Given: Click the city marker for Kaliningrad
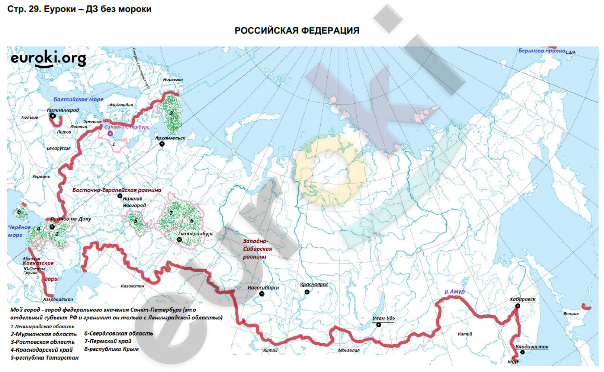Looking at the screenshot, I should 53,116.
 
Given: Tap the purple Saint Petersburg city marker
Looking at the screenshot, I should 110,133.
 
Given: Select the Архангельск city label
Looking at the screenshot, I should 170,138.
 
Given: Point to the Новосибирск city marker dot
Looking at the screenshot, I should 262,294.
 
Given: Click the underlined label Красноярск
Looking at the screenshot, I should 314,285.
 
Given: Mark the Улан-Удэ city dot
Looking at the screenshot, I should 378,325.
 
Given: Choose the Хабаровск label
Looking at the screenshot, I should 523,299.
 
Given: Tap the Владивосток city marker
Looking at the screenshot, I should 522,352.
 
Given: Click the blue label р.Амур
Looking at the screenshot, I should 454,292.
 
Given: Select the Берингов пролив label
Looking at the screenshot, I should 542,51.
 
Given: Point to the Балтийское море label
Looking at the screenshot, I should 78,99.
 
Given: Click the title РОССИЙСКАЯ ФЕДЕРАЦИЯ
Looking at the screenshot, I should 297,31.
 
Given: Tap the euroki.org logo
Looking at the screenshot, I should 48,59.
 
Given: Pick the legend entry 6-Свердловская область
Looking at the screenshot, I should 118,334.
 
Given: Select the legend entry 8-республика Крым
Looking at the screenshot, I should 111,349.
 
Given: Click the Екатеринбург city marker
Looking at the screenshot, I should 179,240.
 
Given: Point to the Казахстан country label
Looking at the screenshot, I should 132,286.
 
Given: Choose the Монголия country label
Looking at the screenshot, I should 348,350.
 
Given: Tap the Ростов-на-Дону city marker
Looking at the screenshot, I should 52,227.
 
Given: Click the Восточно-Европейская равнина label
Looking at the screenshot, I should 116,190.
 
